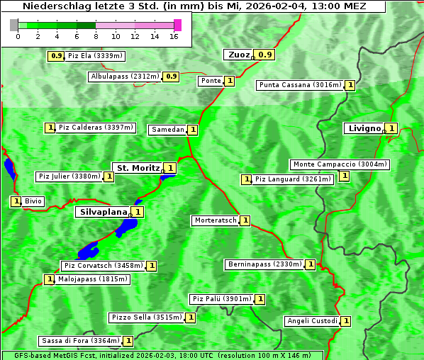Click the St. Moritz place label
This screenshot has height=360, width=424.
coord(138,168)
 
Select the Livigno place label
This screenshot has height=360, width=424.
coord(364,128)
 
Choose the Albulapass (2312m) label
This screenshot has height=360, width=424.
coord(125,76)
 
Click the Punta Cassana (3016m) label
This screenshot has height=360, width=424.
coord(300,85)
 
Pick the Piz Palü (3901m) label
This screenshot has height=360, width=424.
coord(221,299)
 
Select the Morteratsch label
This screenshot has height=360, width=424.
coord(216,220)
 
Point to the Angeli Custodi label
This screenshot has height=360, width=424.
coord(312,321)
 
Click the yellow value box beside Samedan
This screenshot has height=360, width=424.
coord(193,130)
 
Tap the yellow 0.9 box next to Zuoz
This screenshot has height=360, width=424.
coord(265,55)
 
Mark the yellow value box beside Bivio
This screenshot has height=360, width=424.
coord(16,201)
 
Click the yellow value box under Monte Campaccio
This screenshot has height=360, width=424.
coord(344,176)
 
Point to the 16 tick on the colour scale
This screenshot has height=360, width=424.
coord(174,36)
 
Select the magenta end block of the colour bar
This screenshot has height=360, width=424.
coord(177,25)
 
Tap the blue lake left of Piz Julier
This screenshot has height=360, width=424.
coord(9,169)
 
